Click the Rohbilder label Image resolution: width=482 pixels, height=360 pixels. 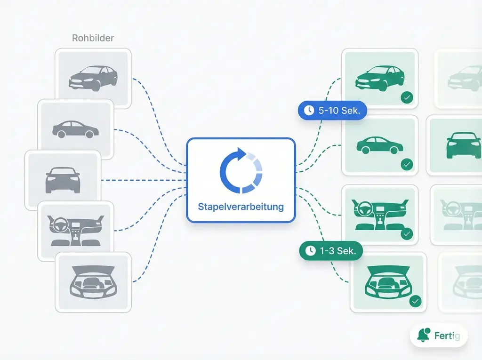click(x=93, y=38)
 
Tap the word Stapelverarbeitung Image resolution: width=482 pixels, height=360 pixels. click(x=241, y=206)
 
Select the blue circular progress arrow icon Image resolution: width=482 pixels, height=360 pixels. click(x=241, y=170)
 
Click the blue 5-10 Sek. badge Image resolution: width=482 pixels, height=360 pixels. click(x=332, y=111)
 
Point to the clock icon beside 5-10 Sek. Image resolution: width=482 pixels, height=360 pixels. click(x=309, y=111)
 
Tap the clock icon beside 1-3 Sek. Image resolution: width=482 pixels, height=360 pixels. click(x=310, y=251)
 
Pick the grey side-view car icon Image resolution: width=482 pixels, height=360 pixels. click(x=75, y=129)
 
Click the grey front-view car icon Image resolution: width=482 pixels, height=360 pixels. click(x=63, y=180)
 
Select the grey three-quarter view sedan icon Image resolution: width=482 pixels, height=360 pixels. click(x=93, y=78)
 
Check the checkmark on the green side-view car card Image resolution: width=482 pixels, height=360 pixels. click(x=407, y=164)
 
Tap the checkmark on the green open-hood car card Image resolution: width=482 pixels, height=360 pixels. click(x=415, y=301)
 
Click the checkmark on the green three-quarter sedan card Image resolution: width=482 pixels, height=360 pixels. click(x=407, y=98)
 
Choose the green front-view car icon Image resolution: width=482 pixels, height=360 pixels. click(x=463, y=144)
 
